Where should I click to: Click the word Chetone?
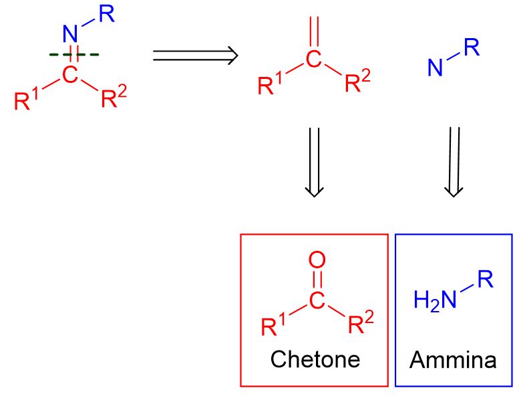[x=315, y=359]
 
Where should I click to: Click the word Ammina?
[x=454, y=360]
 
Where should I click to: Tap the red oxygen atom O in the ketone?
[x=317, y=260]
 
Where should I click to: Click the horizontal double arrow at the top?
[x=195, y=55]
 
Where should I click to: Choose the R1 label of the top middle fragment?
[x=270, y=86]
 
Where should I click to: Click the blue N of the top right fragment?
[x=436, y=68]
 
